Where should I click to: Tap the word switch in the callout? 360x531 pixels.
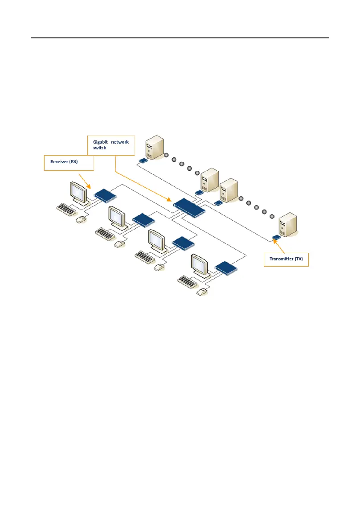99,148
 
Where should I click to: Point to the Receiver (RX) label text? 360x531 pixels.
64,162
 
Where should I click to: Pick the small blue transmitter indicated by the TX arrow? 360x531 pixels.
277,237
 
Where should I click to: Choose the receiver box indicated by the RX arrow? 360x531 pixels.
105,194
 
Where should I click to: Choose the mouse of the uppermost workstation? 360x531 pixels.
81,219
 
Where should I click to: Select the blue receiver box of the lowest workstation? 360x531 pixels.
226,268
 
